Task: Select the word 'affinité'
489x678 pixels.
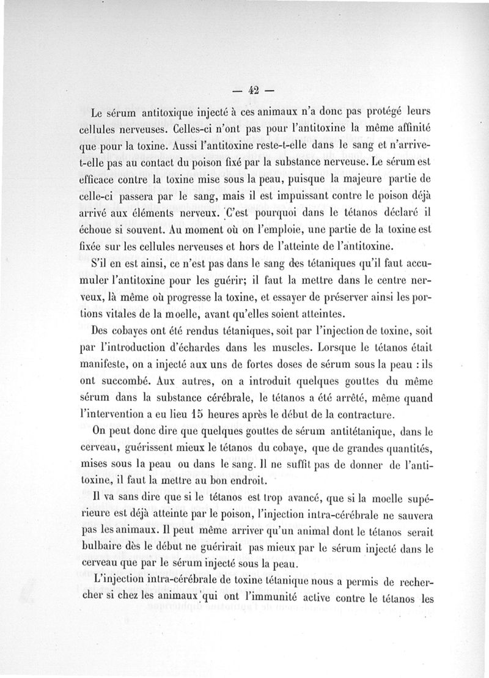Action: click(410, 129)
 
